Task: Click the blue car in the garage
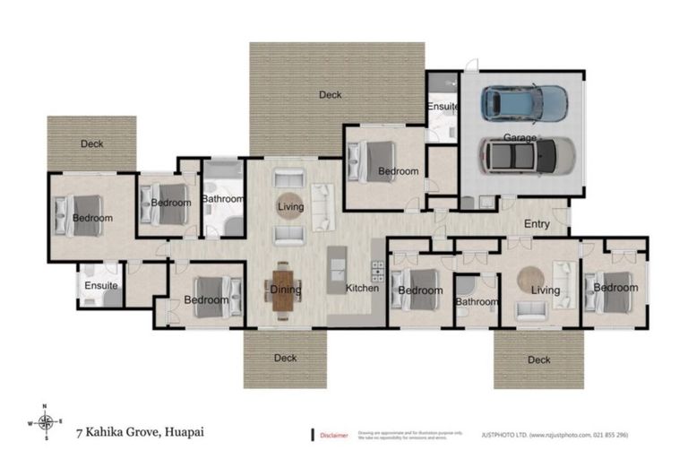pos(524,102)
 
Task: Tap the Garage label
pos(520,138)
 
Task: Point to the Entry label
pos(537,224)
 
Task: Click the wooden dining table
pos(279,290)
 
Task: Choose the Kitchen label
pos(363,288)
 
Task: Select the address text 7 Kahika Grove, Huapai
pos(139,431)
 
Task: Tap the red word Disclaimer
pos(335,435)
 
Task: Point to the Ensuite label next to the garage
pos(442,107)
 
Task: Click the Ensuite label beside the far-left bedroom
pos(100,286)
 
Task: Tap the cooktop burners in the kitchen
pos(377,270)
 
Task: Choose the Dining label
pos(285,290)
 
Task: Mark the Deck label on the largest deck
pos(331,93)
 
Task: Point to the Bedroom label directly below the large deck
pos(398,171)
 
